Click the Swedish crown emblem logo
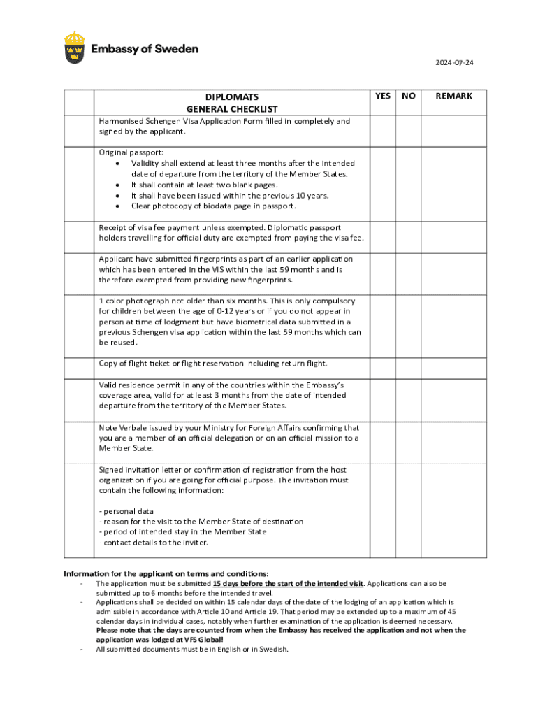(x=75, y=47)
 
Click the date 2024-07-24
(x=455, y=63)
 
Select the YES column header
(x=383, y=96)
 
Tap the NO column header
(x=409, y=96)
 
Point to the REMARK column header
(x=454, y=96)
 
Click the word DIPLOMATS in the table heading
(x=231, y=96)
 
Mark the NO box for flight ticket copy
(x=409, y=368)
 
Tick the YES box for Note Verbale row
(x=383, y=438)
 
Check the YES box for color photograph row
(x=383, y=322)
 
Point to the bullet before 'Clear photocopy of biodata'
(x=117, y=206)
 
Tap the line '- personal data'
(x=126, y=511)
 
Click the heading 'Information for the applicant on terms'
(x=166, y=573)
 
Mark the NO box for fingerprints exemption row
(x=409, y=269)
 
